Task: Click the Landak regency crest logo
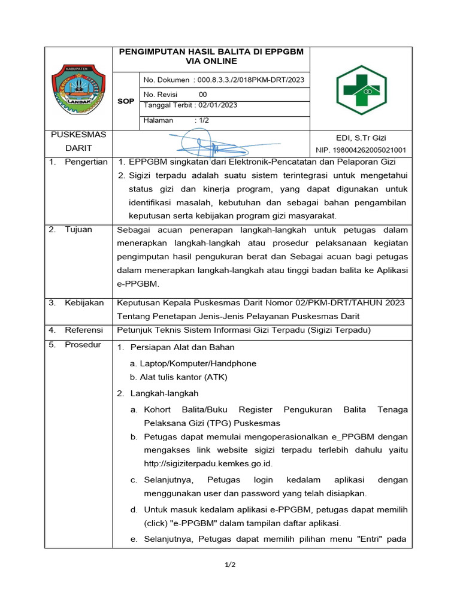[x=78, y=89]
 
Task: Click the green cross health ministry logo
[x=361, y=89]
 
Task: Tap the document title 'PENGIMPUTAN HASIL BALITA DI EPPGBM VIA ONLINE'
[x=211, y=56]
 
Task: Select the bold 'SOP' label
[x=126, y=101]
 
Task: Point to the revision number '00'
[x=202, y=95]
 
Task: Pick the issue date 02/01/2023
[x=215, y=105]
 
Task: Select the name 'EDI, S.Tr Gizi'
[x=361, y=138]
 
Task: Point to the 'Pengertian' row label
[x=86, y=162]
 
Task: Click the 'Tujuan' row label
[x=78, y=230]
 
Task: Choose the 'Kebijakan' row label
[x=84, y=304]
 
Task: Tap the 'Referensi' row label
[x=84, y=330]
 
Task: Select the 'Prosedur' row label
[x=83, y=345]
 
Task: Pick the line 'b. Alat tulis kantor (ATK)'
[x=178, y=377]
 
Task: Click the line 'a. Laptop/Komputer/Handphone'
[x=193, y=363]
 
